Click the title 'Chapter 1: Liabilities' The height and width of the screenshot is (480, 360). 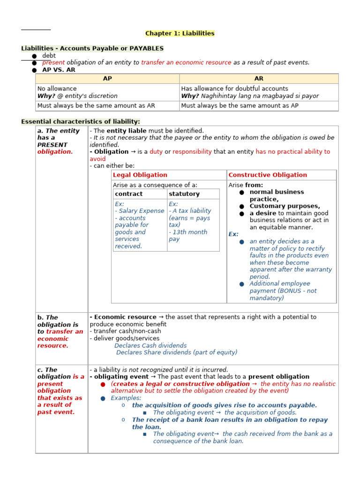click(180, 33)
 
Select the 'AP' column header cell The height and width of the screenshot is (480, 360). click(107, 79)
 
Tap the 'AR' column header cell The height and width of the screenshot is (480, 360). click(259, 79)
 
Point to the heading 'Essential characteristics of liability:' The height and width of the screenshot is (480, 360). click(81, 122)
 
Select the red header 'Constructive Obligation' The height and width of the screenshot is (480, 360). click(268, 175)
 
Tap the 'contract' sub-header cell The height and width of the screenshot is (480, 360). click(129, 194)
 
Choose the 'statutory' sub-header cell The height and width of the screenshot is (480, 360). click(184, 194)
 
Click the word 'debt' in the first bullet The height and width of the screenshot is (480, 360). click(49, 55)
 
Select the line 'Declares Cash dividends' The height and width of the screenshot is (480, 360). click(150, 345)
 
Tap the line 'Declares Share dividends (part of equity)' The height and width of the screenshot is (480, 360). click(177, 352)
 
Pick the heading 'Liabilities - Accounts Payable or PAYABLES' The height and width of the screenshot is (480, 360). click(92, 48)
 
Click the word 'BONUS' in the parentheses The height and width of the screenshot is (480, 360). click(292, 291)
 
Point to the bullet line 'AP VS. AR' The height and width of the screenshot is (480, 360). click(59, 69)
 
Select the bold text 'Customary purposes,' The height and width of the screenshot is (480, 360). click(285, 206)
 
